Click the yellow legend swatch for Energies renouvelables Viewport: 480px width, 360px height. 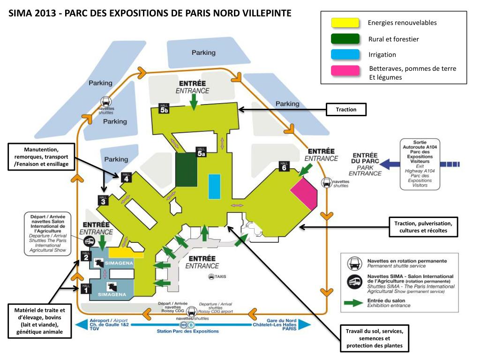(x=345, y=22)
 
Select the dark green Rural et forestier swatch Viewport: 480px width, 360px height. (x=345, y=38)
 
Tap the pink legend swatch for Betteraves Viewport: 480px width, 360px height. (x=345, y=71)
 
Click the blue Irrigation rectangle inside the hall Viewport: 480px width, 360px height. (x=214, y=187)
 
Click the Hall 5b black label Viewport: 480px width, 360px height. (x=164, y=109)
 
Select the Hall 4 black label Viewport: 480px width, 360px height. (x=126, y=177)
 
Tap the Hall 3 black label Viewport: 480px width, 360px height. (x=103, y=200)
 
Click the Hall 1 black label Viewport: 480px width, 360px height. (x=85, y=289)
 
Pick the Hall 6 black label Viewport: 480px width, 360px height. (x=284, y=166)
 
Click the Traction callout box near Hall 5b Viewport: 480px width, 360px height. (x=346, y=110)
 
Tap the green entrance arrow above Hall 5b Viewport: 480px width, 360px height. (x=193, y=100)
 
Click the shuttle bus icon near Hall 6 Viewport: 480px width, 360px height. (x=326, y=182)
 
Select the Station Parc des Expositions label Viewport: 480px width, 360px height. (x=187, y=331)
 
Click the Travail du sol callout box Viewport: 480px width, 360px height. (x=374, y=338)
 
